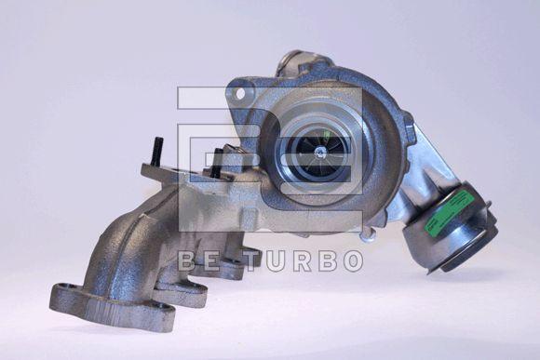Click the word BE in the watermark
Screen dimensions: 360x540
pos(197,261)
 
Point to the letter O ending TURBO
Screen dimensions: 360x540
pos(352,261)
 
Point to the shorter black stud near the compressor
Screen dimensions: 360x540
pos(217,163)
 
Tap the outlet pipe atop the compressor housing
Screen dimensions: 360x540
pos(296,62)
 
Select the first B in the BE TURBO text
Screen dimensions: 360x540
pos(185,261)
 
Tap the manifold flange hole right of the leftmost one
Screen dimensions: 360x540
pos(161,305)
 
